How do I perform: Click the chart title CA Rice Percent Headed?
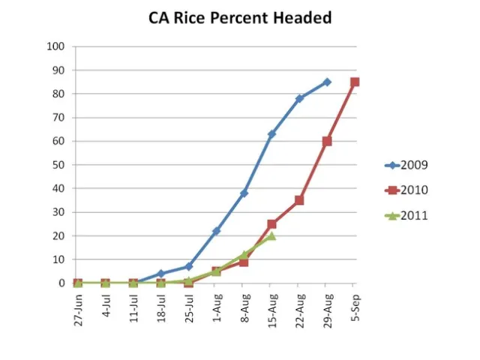[x=240, y=17]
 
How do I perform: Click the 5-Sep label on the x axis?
[x=355, y=304]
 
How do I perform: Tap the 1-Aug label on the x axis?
[x=216, y=304]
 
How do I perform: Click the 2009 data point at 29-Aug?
[x=327, y=82]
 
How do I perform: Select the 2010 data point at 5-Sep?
[x=355, y=82]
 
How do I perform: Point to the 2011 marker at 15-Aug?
[x=271, y=235]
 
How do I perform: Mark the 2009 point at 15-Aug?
[x=271, y=134]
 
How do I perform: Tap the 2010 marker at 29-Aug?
[x=327, y=141]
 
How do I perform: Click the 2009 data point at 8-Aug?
[x=244, y=193]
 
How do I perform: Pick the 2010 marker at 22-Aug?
[x=299, y=200]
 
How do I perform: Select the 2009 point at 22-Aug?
[x=299, y=98]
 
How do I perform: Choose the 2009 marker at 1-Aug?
[x=216, y=231]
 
